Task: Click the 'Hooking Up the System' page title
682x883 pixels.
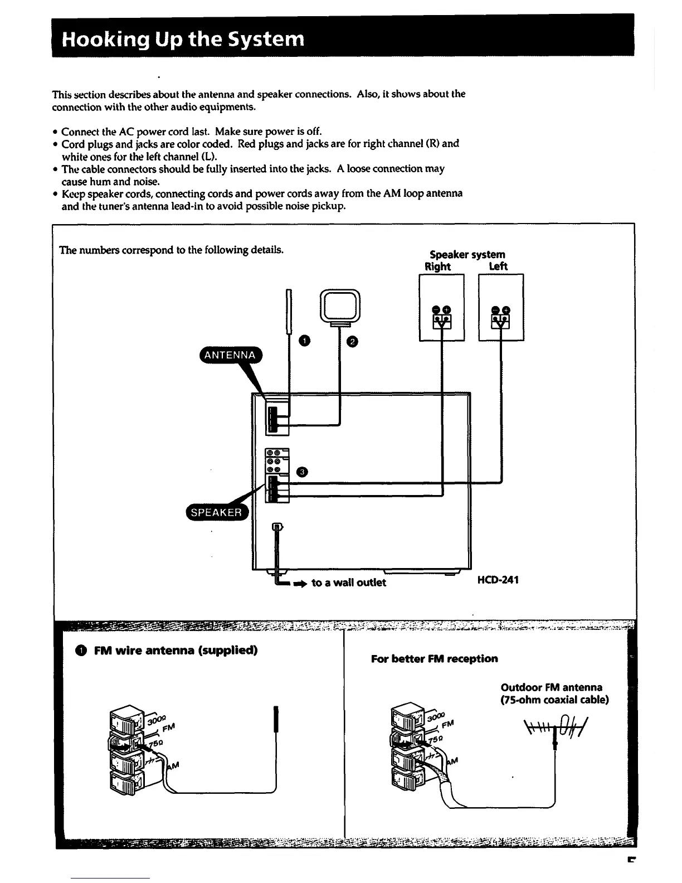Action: (183, 40)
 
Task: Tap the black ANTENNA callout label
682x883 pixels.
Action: (230, 355)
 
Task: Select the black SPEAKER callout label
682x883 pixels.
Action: (216, 512)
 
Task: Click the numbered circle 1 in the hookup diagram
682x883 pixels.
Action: (304, 340)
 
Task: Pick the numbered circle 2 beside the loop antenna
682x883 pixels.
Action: (352, 341)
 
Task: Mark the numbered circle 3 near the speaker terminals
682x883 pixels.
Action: (301, 472)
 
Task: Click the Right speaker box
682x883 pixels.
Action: (441, 307)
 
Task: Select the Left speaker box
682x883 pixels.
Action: (501, 307)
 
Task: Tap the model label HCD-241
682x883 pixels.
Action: (498, 580)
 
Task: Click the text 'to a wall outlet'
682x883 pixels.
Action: (348, 583)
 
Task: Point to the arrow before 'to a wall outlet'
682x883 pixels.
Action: (300, 583)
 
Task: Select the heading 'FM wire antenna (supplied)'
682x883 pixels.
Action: (176, 651)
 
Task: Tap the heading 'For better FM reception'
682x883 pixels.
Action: (434, 658)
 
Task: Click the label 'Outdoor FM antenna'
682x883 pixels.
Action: (551, 687)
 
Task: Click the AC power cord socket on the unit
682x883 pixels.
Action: (277, 527)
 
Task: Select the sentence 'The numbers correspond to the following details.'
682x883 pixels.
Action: (172, 250)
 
